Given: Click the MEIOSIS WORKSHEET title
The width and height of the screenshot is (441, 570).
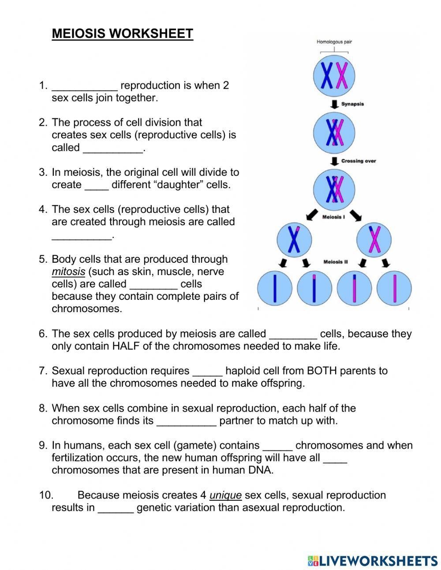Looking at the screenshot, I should (122, 34).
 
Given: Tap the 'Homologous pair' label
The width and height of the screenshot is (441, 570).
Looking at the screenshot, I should (334, 42).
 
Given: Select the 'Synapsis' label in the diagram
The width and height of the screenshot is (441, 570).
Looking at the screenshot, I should (352, 104).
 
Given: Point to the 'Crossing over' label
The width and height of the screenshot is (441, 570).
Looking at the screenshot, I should (359, 161).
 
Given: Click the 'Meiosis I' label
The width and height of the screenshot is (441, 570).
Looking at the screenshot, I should (334, 218).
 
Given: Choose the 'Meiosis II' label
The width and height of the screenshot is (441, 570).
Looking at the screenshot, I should (336, 262).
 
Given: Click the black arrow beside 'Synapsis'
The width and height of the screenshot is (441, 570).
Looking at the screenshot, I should (334, 104).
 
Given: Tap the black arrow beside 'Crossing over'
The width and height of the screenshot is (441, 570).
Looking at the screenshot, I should (334, 161).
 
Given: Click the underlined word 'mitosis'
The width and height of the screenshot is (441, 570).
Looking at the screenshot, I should (68, 272).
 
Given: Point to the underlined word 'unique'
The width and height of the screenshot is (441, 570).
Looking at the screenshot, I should (225, 495).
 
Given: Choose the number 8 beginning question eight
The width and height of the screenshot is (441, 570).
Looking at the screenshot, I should (42, 408).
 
